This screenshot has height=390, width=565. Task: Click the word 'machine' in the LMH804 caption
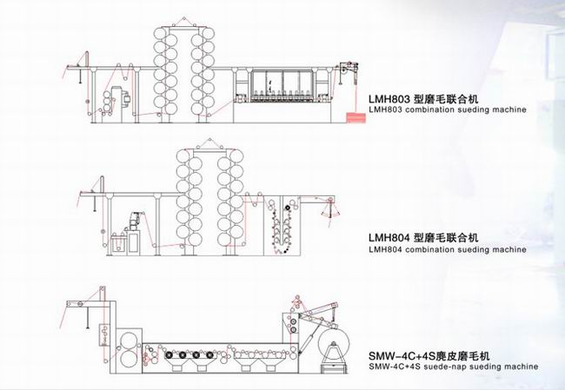tap(508, 249)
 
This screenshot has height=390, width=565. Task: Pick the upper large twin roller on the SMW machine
tap(129, 339)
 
